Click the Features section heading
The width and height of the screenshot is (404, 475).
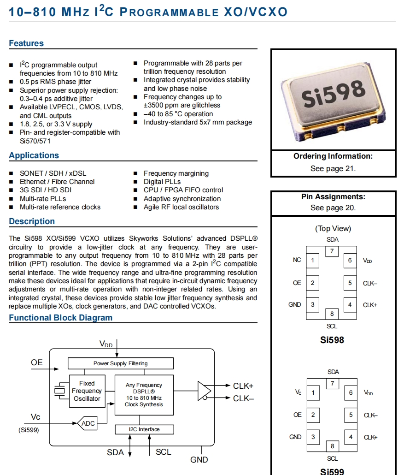(26, 43)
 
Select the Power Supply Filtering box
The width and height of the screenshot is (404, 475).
(120, 363)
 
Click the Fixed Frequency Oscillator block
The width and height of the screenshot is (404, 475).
(87, 391)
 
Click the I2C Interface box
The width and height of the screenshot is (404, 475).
(144, 429)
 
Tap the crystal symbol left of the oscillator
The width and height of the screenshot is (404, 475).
(60, 391)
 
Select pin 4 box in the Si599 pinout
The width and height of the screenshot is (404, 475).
(350, 437)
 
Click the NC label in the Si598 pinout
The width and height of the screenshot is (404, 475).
(297, 260)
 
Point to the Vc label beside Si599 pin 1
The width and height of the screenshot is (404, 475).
(298, 392)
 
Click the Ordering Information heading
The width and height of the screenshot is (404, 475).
(333, 156)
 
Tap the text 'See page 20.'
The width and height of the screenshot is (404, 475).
(333, 208)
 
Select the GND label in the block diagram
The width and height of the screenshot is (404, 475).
(199, 460)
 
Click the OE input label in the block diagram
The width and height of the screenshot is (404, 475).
(37, 362)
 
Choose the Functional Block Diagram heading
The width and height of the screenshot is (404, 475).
(60, 318)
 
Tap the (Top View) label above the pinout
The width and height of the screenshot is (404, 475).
(333, 228)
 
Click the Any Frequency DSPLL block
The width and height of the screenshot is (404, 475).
(144, 395)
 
